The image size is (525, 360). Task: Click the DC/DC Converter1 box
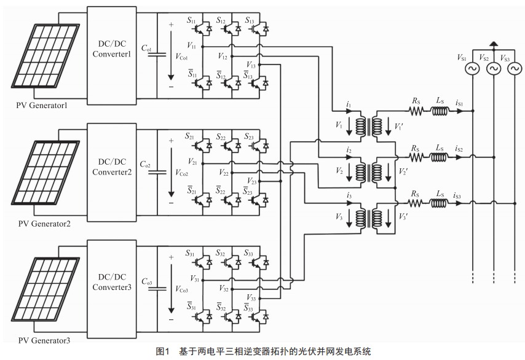click(112, 50)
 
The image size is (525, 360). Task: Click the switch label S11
click(191, 22)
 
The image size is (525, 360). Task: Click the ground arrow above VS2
click(493, 44)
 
